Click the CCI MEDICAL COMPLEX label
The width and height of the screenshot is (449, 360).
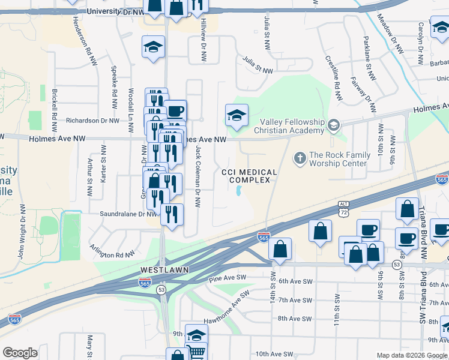249,176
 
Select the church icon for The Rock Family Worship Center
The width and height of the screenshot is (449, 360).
300,158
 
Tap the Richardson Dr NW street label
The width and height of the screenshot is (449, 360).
93,121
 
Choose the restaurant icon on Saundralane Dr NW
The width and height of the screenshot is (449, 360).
172,214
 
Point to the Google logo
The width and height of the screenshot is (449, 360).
20,352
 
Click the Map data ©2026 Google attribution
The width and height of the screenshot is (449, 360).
411,355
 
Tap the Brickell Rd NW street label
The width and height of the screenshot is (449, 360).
54,112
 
